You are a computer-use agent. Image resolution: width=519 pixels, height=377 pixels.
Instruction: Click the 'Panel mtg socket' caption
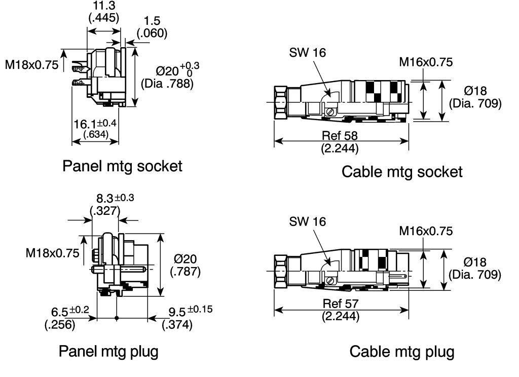[122, 166]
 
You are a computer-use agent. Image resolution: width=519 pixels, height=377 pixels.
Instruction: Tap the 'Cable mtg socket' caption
[402, 172]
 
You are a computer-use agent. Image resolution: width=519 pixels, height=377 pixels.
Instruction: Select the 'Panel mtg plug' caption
[108, 352]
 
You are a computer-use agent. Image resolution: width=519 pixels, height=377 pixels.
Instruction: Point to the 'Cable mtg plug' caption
[402, 352]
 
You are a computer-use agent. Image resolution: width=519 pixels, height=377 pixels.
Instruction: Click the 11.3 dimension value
[103, 6]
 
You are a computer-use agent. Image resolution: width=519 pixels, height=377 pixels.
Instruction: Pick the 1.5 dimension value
[152, 21]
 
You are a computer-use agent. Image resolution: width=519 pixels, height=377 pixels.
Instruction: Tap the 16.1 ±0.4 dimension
[95, 124]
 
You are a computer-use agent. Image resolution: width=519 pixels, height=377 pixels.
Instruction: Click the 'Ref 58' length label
[340, 135]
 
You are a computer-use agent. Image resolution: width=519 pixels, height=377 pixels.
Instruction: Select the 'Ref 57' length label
[341, 304]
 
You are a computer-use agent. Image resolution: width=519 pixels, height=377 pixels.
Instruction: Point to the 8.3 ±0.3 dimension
[115, 198]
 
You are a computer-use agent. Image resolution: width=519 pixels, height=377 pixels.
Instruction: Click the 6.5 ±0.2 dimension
[70, 311]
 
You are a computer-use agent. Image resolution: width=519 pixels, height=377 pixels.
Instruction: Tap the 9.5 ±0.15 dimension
[191, 311]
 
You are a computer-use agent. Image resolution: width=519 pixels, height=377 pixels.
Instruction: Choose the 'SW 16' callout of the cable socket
[308, 53]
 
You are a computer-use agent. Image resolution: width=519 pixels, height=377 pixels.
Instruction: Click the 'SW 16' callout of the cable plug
[308, 222]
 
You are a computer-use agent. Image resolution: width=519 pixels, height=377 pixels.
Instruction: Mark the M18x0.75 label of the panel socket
[32, 65]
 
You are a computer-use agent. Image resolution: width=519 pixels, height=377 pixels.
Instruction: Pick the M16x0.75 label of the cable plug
[426, 231]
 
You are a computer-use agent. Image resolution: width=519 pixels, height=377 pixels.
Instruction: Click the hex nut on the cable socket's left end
[281, 103]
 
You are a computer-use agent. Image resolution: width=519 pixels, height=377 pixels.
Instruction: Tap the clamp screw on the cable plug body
[329, 281]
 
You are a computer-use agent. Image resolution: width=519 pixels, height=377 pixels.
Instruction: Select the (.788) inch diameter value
[167, 84]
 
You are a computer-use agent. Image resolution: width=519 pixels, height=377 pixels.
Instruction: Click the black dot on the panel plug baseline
[117, 318]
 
